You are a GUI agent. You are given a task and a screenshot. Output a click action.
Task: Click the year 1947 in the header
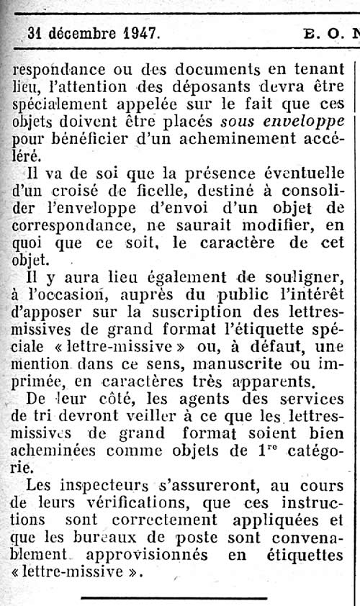click(141, 33)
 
